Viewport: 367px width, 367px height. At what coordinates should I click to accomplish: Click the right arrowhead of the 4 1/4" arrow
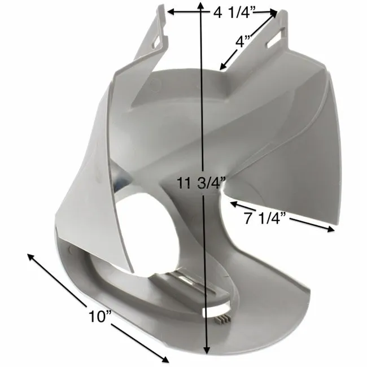click(x=276, y=12)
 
